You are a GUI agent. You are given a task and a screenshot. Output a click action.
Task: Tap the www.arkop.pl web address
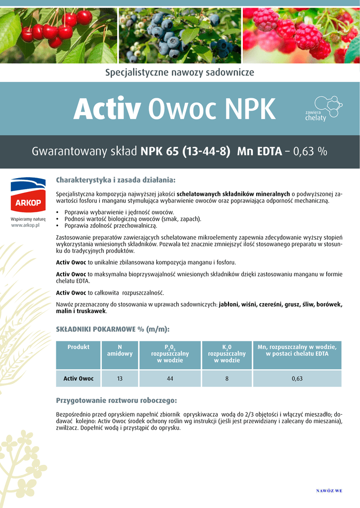pyautogui.click(x=28, y=225)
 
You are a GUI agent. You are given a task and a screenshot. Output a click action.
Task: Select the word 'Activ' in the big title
pyautogui.click(x=107, y=109)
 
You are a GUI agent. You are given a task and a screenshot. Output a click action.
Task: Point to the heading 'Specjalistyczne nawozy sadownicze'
pyautogui.click(x=179, y=72)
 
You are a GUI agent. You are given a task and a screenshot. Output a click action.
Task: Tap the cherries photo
pyautogui.click(x=58, y=35)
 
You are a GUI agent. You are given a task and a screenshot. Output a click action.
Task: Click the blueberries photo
pyautogui.click(x=180, y=35)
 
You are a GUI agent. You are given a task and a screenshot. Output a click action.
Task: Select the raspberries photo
pyautogui.click(x=301, y=35)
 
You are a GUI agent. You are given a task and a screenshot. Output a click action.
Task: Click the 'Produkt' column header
pyautogui.click(x=78, y=347)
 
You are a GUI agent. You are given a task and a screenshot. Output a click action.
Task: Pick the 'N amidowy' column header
pyautogui.click(x=120, y=350)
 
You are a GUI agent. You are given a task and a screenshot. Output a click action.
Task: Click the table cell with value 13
pyautogui.click(x=120, y=379)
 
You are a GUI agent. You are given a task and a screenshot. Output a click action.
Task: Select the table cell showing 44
pyautogui.click(x=170, y=379)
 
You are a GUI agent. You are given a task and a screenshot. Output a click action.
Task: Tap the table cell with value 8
pyautogui.click(x=227, y=379)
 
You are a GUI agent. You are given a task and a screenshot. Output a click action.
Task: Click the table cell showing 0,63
pyautogui.click(x=297, y=379)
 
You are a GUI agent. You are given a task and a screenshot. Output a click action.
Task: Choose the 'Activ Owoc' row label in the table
pyautogui.click(x=78, y=379)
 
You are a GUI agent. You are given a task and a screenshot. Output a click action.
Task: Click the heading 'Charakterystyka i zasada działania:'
pyautogui.click(x=116, y=179)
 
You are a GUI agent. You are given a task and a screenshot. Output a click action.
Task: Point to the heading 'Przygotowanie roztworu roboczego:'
pyautogui.click(x=116, y=400)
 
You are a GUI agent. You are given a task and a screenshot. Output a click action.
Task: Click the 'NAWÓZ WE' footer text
pyautogui.click(x=329, y=491)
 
